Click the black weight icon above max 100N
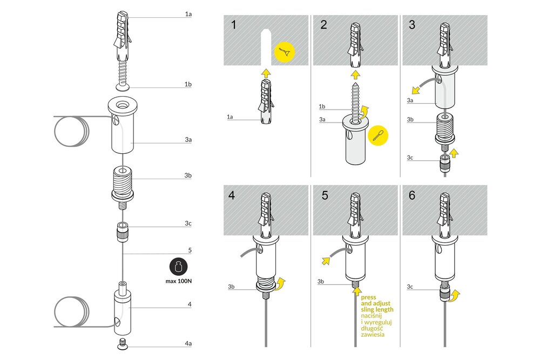coord(178,267)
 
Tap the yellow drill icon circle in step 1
coord(285,52)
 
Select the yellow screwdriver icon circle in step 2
coord(378,135)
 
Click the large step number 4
coord(232,195)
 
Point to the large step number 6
coord(412,195)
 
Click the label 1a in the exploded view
coord(188,14)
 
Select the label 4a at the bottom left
coord(188,343)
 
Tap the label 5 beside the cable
coord(190,250)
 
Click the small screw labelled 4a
coord(122,344)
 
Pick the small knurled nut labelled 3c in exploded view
coord(122,232)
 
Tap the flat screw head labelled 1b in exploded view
coord(122,87)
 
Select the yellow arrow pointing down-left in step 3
coord(416,90)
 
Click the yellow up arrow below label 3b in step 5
coord(357,291)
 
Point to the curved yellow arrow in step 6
coord(455,295)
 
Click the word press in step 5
coord(368,297)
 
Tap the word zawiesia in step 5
coord(373,334)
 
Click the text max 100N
coord(178,281)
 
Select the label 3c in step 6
coord(410,287)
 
